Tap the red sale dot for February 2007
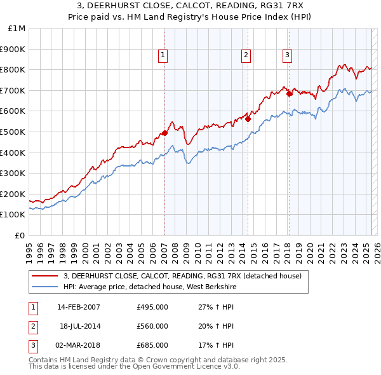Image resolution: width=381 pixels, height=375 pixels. coord(164,133)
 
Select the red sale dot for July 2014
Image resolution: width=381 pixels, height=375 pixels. coord(248,118)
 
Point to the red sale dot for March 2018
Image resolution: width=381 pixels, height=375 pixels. coord(289,93)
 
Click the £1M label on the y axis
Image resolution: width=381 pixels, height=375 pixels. coord(17,29)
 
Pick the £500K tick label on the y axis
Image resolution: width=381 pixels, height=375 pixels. coord(13,132)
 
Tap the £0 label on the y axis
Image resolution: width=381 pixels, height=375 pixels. coord(20,235)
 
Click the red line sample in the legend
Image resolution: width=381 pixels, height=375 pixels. coord(44,276)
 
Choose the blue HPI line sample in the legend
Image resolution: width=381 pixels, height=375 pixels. coord(44,287)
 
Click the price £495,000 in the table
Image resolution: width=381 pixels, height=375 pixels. coord(152,307)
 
